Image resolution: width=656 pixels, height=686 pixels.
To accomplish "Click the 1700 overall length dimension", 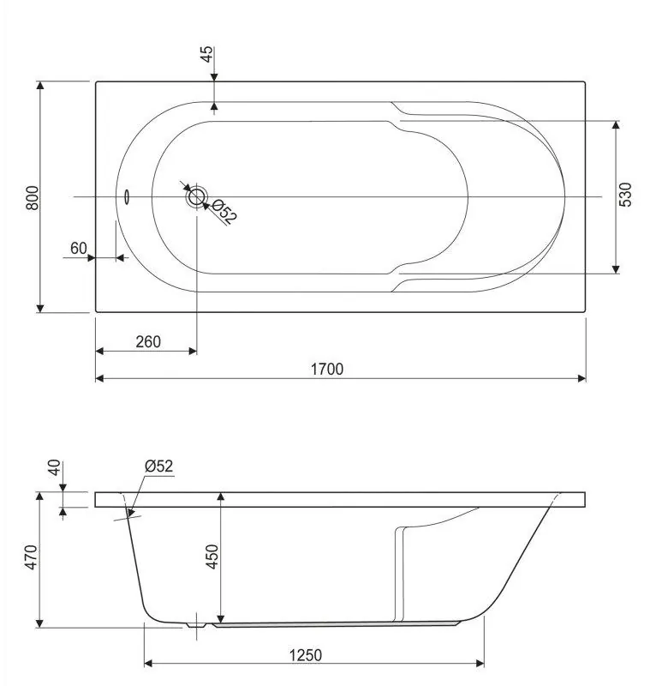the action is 327,370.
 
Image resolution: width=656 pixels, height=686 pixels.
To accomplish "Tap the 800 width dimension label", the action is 33,198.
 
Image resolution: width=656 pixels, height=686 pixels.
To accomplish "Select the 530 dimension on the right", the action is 625,195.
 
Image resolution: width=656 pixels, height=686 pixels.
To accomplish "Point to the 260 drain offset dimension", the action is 148,341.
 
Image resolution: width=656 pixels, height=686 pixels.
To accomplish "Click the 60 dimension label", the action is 79,248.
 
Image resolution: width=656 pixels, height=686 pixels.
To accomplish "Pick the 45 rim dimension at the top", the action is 206,54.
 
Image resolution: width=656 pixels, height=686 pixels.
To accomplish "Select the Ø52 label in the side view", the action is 159,466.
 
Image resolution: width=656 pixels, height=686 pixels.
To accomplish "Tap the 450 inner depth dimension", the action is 212,557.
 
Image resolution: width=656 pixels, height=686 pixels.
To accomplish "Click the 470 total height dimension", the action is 31,557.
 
